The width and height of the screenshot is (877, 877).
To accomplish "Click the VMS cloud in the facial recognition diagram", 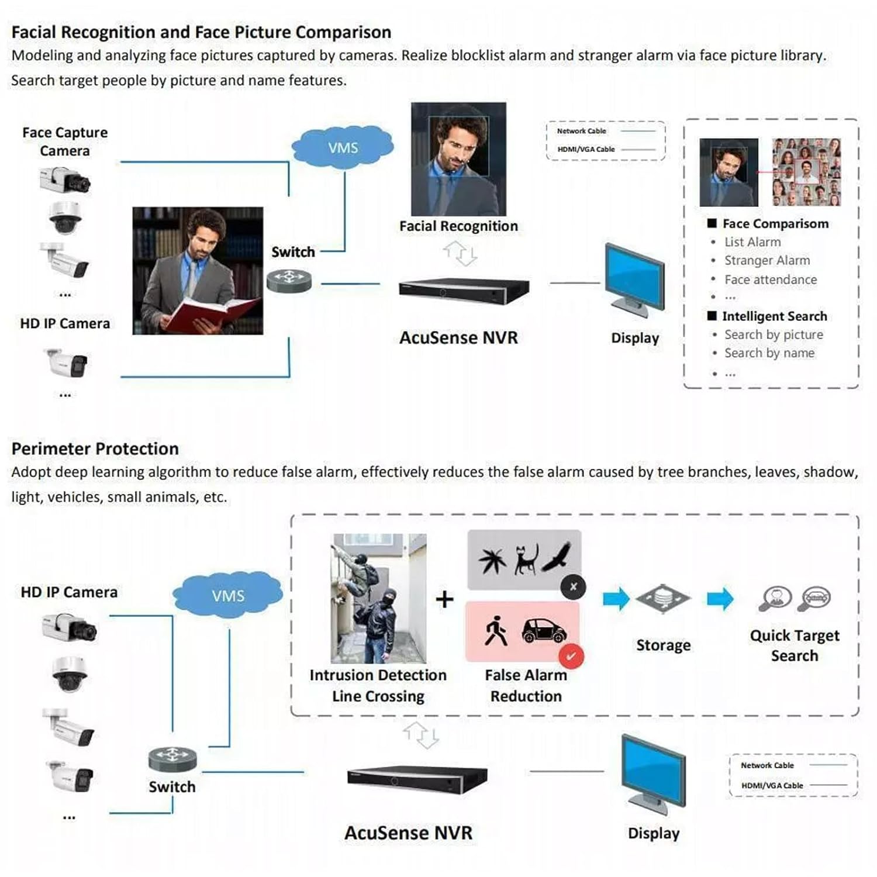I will (343, 147).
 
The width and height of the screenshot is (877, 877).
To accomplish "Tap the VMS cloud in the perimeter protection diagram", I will (228, 595).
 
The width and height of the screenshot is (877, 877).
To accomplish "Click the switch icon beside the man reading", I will (289, 280).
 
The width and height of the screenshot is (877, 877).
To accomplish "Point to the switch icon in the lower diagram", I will (172, 759).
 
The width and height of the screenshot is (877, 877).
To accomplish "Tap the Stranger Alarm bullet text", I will (766, 261).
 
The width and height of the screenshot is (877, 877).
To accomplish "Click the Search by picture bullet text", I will (773, 334).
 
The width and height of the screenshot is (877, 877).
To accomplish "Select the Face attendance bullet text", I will (770, 279).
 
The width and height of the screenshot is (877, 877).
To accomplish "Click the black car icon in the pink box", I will (544, 630).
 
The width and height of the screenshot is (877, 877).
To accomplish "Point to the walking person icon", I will (496, 631).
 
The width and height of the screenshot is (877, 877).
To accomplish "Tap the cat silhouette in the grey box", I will (526, 559).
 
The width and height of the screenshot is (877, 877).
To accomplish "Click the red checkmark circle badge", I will (571, 656).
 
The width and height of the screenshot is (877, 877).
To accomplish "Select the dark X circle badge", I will (573, 587).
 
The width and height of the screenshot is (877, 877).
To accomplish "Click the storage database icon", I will (663, 599).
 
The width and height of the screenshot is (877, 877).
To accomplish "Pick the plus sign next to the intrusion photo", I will (444, 599).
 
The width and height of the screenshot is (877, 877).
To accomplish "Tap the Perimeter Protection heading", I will (95, 448).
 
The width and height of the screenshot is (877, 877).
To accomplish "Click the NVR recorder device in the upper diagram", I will (463, 290).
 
